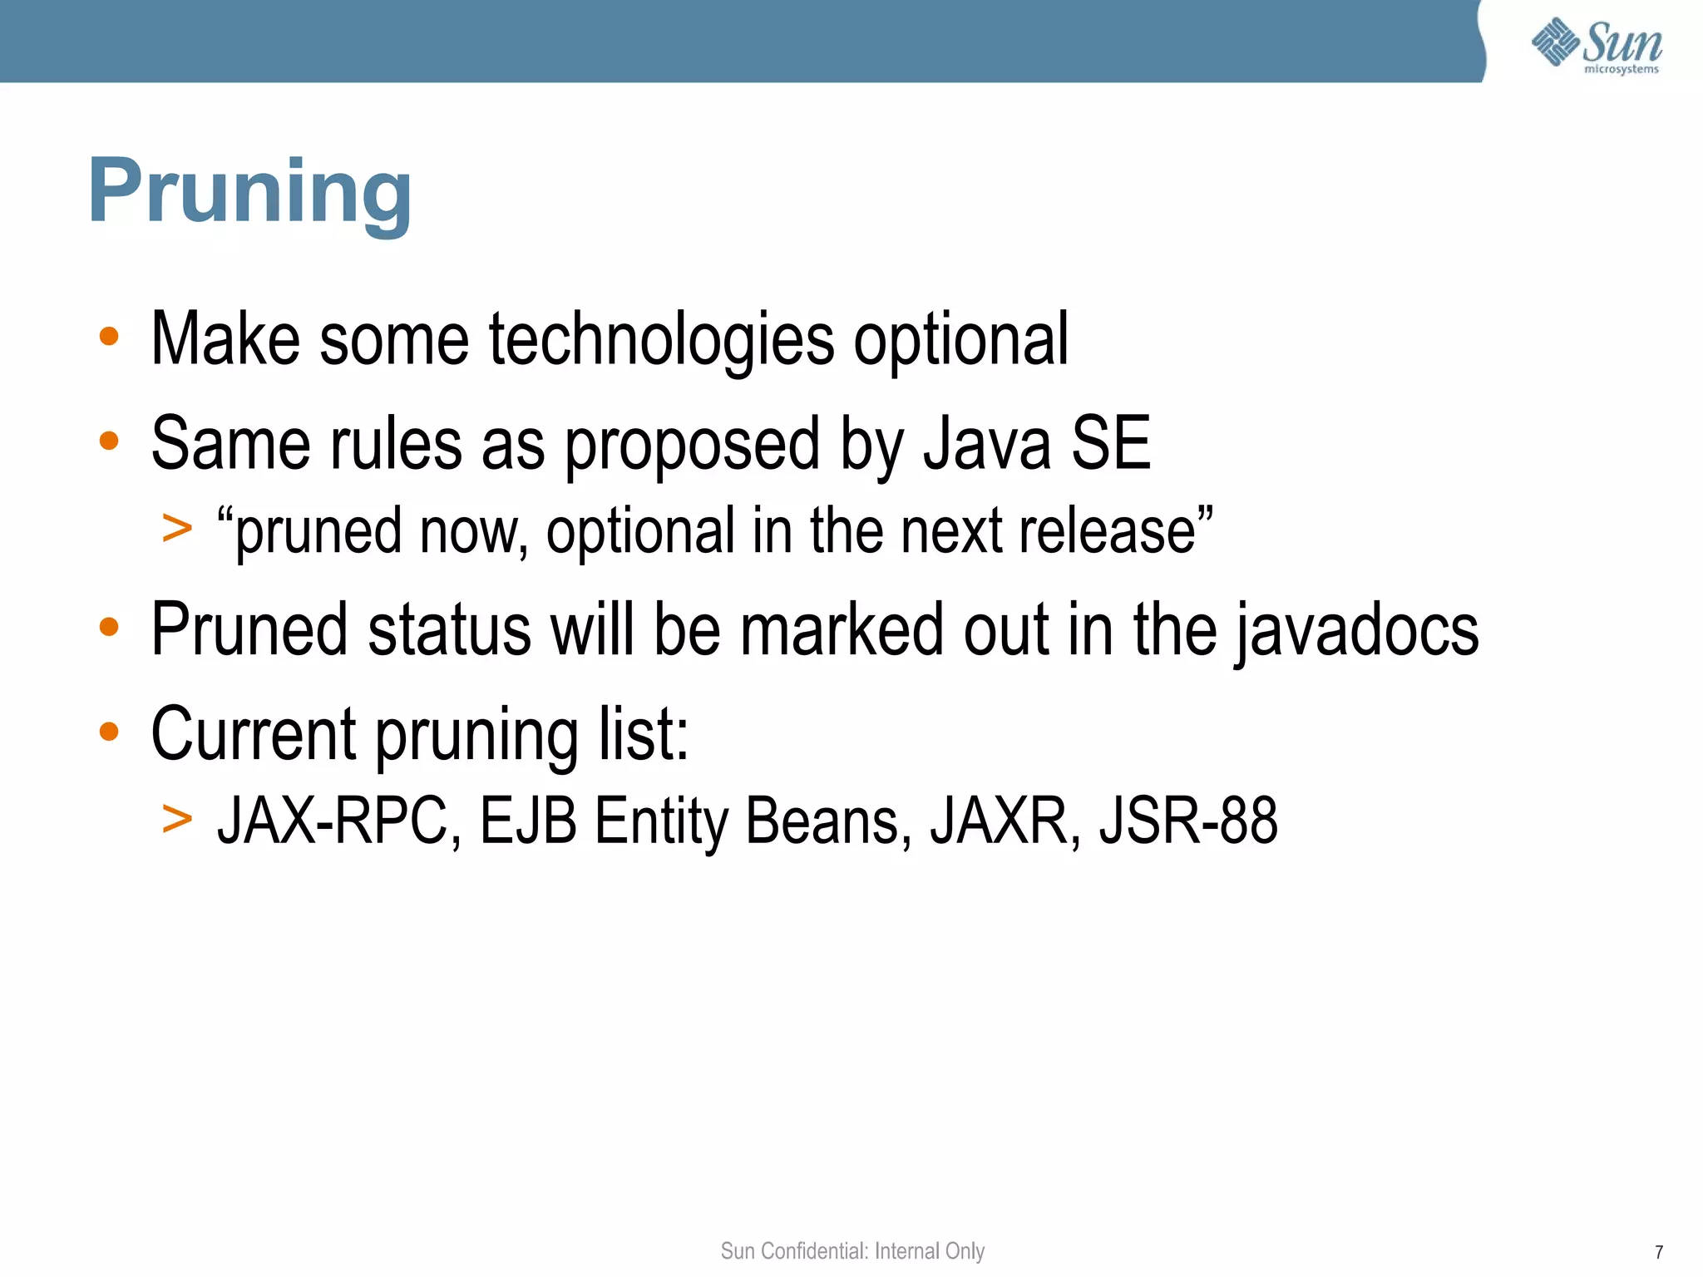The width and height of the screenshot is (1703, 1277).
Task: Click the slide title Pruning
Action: pos(249,193)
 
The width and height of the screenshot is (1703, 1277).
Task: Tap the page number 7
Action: pos(1658,1252)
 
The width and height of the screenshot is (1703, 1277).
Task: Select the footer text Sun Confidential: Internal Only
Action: pos(852,1250)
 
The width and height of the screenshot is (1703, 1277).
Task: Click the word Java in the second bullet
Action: pos(987,445)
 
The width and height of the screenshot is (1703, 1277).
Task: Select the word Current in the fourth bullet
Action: pos(254,734)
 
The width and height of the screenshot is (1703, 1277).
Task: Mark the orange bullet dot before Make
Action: pos(109,337)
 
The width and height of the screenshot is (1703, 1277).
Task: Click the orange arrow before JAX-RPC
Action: pos(177,818)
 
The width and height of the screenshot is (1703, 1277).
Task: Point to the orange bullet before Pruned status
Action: pos(109,627)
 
